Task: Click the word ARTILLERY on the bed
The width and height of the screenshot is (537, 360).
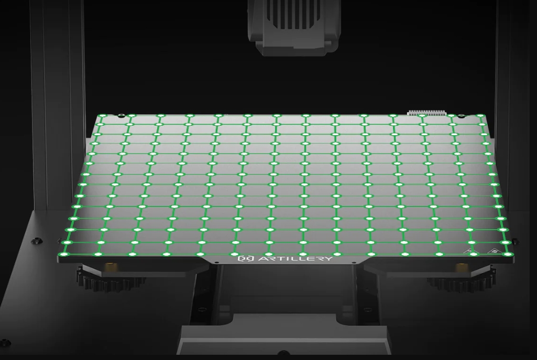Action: click(x=294, y=258)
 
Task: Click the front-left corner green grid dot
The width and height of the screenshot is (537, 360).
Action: click(x=63, y=254)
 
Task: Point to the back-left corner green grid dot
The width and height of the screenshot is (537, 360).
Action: click(x=102, y=116)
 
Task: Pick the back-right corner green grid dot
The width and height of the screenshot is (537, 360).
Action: click(x=481, y=116)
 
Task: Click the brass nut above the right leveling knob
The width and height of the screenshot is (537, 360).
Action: click(x=461, y=266)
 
